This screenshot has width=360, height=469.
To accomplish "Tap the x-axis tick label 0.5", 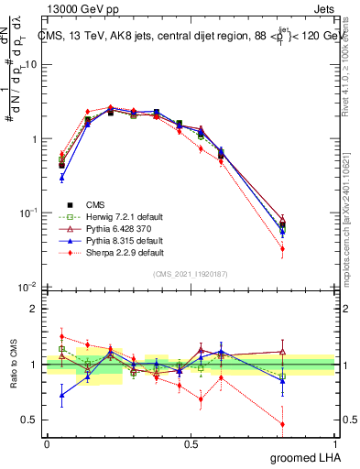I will coord(191,443).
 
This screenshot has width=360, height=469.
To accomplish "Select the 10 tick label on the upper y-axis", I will coord(32,65).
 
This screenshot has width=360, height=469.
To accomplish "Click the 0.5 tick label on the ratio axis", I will coord(29,420).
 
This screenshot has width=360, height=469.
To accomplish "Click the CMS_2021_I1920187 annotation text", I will coord(191,274).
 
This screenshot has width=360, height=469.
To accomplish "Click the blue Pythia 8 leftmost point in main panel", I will coord(61,179).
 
